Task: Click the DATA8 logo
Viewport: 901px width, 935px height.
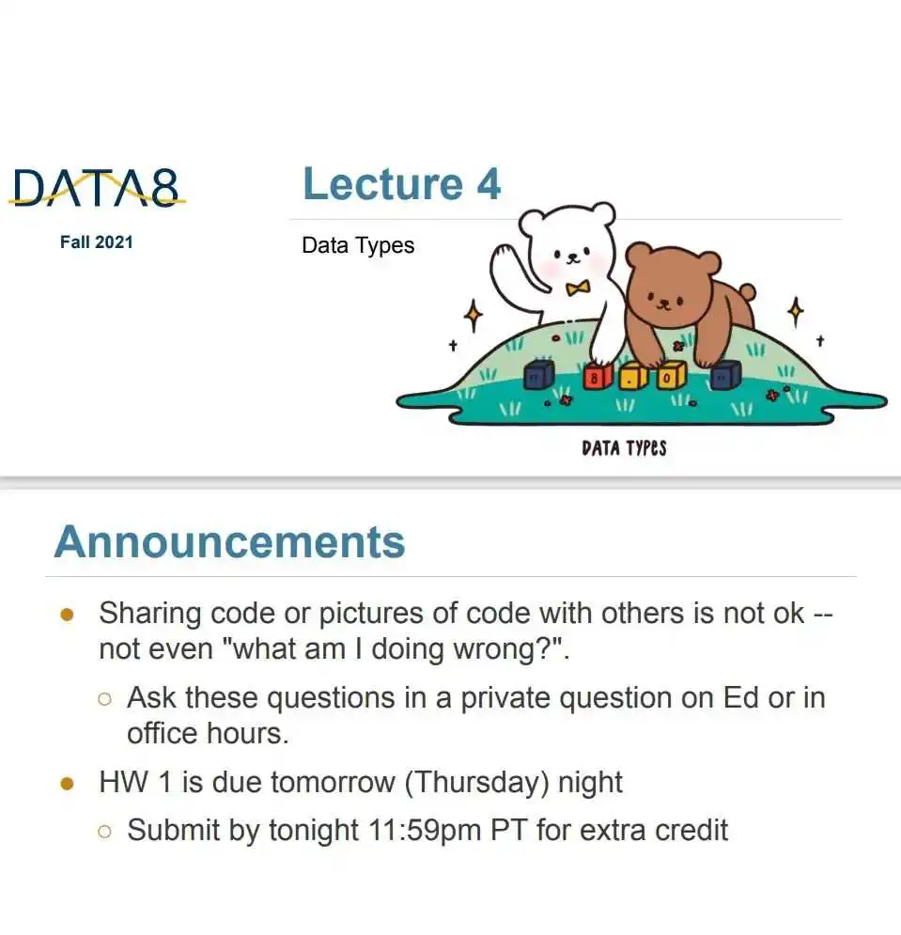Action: (x=97, y=188)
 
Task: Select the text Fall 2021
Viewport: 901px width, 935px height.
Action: (x=97, y=242)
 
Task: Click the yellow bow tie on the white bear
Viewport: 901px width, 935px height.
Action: (x=578, y=288)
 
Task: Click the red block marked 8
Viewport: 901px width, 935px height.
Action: (x=597, y=377)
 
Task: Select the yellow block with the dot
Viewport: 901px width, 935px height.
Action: (x=632, y=377)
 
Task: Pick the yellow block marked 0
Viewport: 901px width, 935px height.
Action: (x=671, y=376)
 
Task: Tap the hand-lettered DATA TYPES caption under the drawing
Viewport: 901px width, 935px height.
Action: (x=624, y=448)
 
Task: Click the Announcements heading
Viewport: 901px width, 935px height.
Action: (x=229, y=542)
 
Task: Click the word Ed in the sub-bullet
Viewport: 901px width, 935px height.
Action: (x=740, y=697)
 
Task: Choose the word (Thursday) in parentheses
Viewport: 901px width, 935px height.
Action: (x=476, y=783)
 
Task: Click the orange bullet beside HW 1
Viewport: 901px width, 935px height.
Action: (x=67, y=783)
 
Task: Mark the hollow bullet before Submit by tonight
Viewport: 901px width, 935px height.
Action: (x=104, y=832)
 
